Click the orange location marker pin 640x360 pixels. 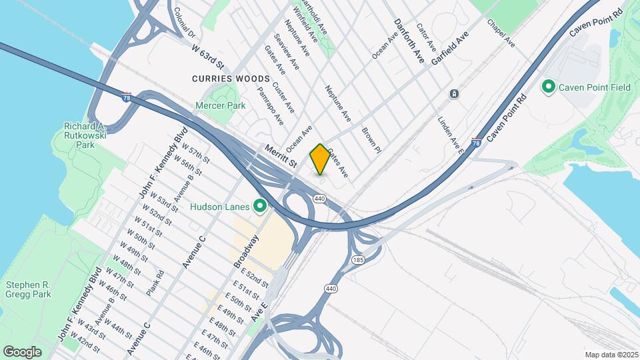[320, 159]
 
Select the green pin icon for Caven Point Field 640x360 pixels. [548, 87]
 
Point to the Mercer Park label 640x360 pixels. [221, 105]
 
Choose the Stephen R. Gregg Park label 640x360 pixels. [28, 289]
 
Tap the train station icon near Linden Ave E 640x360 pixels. [453, 94]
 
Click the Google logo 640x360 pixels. [23, 351]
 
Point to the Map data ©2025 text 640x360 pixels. [611, 355]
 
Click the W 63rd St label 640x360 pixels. [208, 57]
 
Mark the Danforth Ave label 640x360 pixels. [409, 37]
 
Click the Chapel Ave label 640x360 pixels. [501, 33]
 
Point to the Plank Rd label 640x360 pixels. [155, 283]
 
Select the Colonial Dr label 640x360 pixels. [183, 24]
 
